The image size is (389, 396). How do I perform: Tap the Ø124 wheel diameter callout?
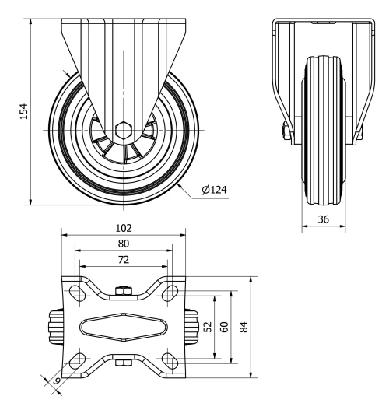213,190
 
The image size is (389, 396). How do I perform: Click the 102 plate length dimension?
123,228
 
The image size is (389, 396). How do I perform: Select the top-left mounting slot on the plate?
78,293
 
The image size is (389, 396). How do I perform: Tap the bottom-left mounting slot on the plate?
78,359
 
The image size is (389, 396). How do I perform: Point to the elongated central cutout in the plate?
123,327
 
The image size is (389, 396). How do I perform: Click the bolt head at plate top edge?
122,291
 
